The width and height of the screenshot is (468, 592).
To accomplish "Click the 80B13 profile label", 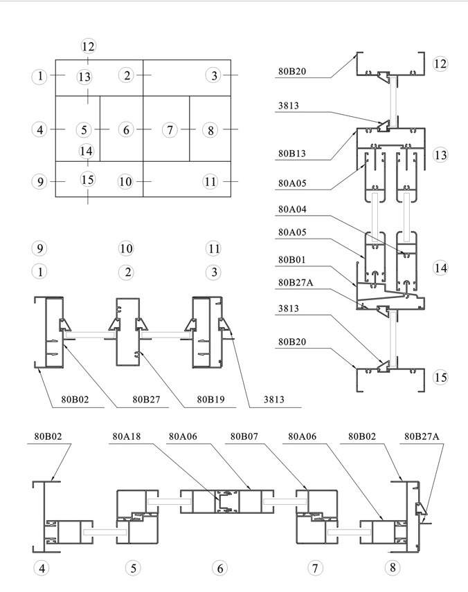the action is pos(292,154).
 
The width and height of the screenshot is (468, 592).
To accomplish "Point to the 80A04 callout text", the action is pos(292,209).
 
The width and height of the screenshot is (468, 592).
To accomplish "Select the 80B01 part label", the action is pos(292,259).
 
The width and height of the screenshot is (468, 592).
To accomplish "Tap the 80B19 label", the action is pos(210,400).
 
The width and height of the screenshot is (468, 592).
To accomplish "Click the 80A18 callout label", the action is pos(126,436).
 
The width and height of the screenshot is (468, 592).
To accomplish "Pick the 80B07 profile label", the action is pos(244,436).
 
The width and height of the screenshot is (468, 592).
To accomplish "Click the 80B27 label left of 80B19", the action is pos(146,400).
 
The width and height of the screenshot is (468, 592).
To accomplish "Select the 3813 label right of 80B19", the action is pos(273,400).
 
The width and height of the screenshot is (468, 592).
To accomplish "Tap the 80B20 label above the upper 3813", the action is pos(292,71).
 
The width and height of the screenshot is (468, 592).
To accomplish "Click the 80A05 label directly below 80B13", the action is pos(292,183).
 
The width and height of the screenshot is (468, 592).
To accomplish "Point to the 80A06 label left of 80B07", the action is pos(183,436).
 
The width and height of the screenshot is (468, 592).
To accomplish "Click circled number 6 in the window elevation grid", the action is pos(126,129).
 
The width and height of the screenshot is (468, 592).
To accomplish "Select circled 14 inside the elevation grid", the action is pos(86,151).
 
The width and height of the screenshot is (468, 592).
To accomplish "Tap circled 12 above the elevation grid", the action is pos(89,46).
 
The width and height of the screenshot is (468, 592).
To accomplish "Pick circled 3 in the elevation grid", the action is pos(214,75).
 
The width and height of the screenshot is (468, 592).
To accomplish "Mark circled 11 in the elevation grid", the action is pos(210,182).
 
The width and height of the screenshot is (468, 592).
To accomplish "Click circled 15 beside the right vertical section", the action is pos(440,377).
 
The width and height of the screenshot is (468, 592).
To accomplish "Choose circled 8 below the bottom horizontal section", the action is pos(393,567).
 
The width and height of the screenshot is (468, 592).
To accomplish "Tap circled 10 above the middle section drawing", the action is pos(126,248).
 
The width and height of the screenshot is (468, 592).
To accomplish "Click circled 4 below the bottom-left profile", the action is pos(42,568).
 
